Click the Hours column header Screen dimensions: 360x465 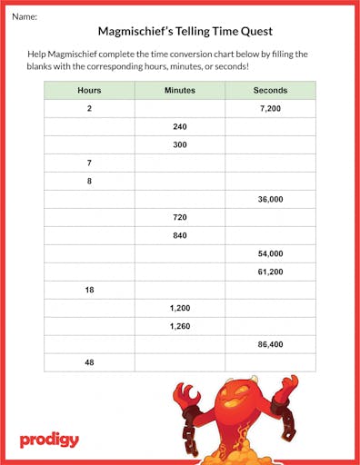click(x=89, y=91)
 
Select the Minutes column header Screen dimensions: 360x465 click(x=179, y=91)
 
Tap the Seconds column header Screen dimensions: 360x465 click(x=270, y=91)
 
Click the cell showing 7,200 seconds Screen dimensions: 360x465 click(x=270, y=109)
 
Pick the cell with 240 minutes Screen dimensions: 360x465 click(x=179, y=127)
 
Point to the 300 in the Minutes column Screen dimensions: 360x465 click(x=179, y=145)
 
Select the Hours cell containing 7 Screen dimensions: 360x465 click(x=89, y=163)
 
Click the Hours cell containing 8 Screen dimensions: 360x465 click(x=89, y=182)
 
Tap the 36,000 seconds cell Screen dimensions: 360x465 click(x=270, y=200)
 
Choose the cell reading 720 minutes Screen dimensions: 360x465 click(x=179, y=218)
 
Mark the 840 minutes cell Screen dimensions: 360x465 click(x=179, y=236)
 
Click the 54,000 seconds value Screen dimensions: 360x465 click(x=270, y=254)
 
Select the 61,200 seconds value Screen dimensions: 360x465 click(x=270, y=272)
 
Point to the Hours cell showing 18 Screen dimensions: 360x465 click(x=89, y=290)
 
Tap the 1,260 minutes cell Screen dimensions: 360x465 click(x=179, y=326)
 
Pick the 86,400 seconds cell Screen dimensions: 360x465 click(x=270, y=344)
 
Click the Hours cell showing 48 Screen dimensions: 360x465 click(x=89, y=362)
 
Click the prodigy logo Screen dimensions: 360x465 click(x=49, y=440)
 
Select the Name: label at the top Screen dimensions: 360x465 click(x=25, y=16)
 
